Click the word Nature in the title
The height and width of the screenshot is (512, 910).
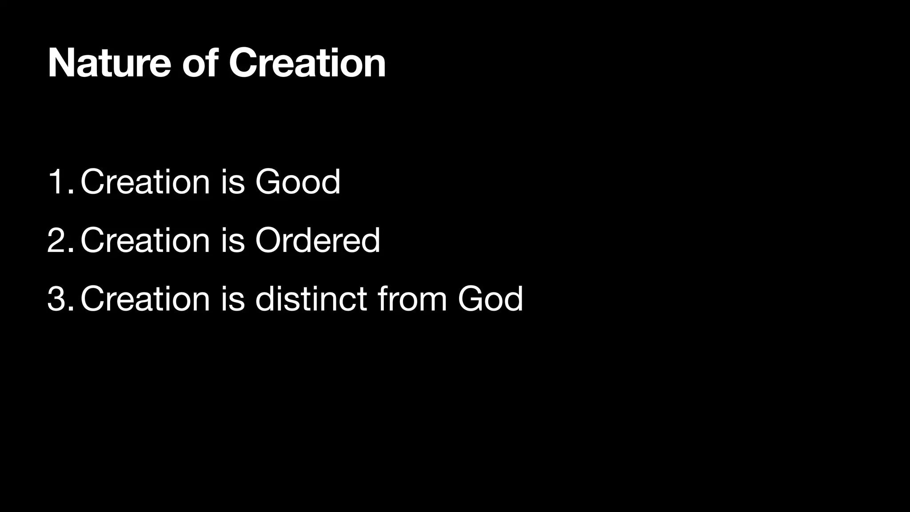tap(109, 64)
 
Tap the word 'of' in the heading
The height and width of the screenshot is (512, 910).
tap(200, 64)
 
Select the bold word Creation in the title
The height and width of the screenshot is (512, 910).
tap(307, 64)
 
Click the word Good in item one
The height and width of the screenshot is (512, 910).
tap(298, 182)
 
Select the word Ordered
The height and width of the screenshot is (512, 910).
tap(317, 240)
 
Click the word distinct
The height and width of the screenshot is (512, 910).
tap(311, 299)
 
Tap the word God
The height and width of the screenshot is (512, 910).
tap(490, 299)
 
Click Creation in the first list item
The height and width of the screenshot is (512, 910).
tap(145, 182)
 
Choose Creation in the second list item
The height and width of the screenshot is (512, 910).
tap(145, 240)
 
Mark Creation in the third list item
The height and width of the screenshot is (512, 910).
tap(145, 299)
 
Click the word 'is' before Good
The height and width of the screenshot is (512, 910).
tap(233, 182)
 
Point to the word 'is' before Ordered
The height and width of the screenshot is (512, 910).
tap(233, 240)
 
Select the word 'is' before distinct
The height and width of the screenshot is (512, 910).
tap(233, 299)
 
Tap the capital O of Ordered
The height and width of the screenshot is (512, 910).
tap(269, 240)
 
